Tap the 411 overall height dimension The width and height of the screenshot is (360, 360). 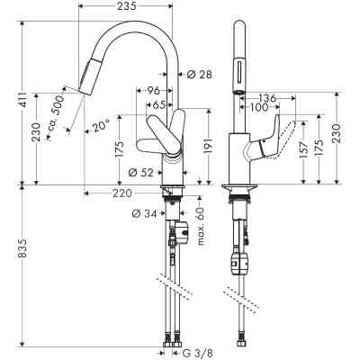click(11, 107)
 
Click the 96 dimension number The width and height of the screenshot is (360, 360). click(154, 90)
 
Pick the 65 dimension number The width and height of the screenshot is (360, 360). click(159, 103)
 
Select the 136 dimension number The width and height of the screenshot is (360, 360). click(266, 98)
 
